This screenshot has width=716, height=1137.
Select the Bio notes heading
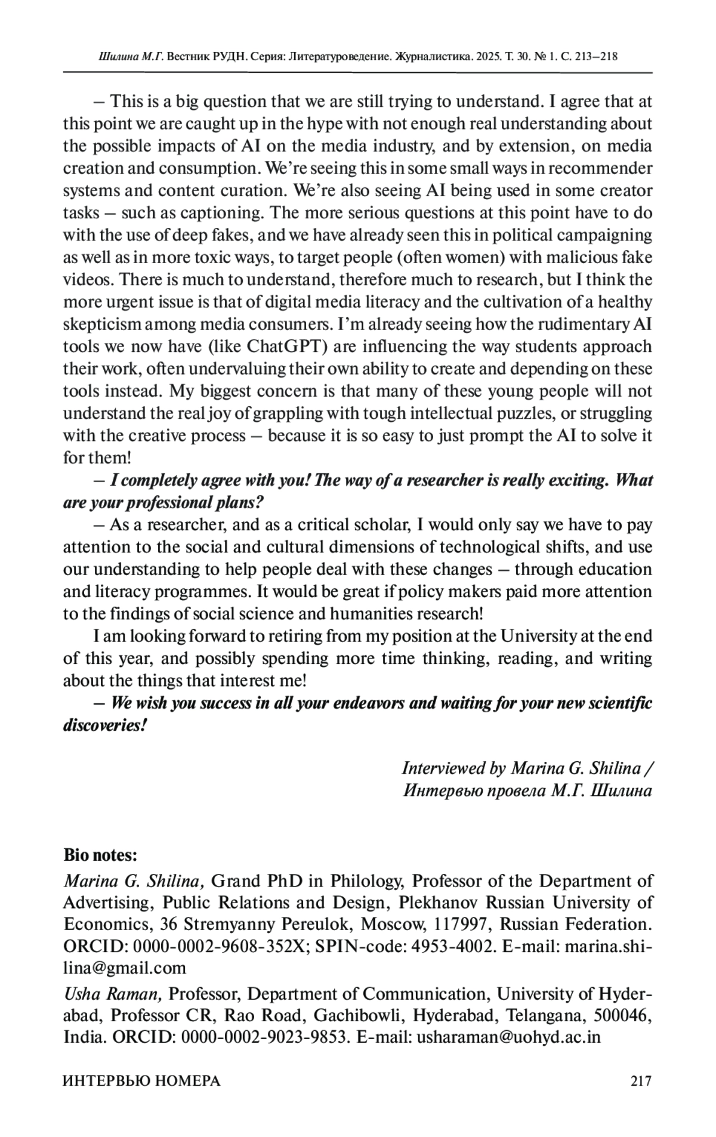point(100,855)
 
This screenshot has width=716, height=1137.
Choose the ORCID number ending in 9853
point(264,1037)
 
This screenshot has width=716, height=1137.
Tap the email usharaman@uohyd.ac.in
point(508,1037)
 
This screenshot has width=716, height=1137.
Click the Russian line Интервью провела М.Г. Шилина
point(527,791)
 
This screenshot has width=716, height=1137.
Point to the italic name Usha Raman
point(112,994)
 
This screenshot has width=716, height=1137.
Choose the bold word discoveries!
point(106,726)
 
